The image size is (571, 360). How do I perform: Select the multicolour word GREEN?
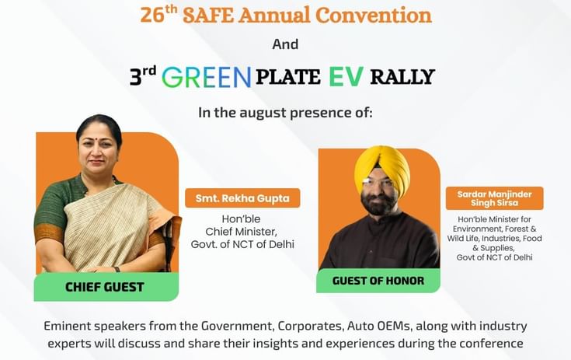tap(207, 77)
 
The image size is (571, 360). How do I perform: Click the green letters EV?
tap(346, 76)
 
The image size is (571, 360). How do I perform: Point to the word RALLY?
tap(402, 77)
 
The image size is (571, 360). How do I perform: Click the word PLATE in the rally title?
tap(287, 77)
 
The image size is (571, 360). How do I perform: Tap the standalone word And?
tap(286, 44)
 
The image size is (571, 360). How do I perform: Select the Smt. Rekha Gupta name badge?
tap(242, 198)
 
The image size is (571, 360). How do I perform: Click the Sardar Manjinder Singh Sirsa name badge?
tap(495, 198)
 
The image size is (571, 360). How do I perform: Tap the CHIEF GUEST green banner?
tap(106, 287)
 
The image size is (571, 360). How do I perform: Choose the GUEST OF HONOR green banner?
tap(378, 281)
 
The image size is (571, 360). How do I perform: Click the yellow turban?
tap(382, 169)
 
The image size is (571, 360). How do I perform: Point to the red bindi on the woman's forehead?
tap(99, 139)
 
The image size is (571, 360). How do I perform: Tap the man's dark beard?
tap(377, 203)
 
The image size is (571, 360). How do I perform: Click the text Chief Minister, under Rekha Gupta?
tap(242, 232)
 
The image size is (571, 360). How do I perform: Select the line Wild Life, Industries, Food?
tap(495, 238)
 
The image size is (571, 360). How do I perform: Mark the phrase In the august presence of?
tap(286, 113)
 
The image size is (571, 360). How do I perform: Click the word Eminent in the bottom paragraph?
tap(67, 326)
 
